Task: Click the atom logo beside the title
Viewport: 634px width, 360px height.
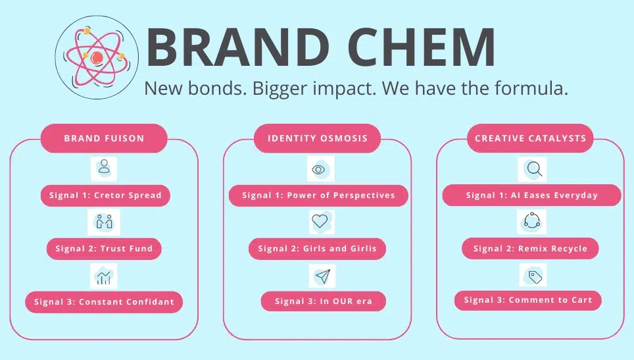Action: click(x=97, y=57)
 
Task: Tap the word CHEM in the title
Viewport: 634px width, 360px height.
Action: click(x=422, y=47)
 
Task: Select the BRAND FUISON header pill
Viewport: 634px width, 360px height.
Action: click(x=104, y=138)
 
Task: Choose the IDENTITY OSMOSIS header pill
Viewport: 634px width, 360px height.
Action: click(x=318, y=138)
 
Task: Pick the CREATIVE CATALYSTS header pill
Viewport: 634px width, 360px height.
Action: click(x=530, y=138)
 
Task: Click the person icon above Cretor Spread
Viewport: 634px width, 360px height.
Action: click(x=104, y=168)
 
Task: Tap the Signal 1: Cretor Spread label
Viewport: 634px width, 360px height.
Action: click(x=105, y=195)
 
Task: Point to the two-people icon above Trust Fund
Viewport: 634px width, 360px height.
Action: click(x=104, y=222)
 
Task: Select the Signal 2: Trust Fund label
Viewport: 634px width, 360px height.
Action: click(x=104, y=249)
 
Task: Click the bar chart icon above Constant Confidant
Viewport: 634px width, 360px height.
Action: click(x=103, y=276)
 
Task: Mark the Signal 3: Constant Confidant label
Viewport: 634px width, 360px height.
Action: click(x=104, y=301)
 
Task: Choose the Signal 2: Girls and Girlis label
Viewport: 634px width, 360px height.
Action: click(x=318, y=249)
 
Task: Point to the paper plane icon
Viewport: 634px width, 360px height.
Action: click(x=322, y=276)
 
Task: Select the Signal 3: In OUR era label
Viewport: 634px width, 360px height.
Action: click(x=324, y=301)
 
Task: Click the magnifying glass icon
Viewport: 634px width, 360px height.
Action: click(x=533, y=169)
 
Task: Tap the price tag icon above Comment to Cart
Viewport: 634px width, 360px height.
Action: click(x=533, y=276)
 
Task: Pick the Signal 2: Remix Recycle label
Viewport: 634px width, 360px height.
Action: click(x=530, y=248)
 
